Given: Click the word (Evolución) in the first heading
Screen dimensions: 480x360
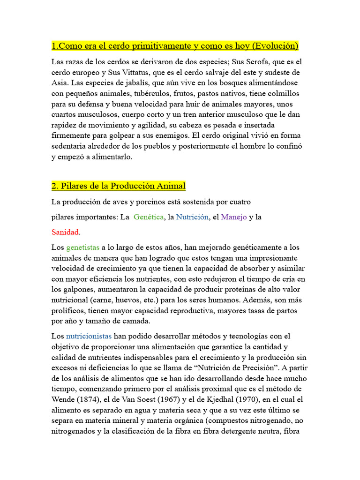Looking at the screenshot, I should tap(274, 46).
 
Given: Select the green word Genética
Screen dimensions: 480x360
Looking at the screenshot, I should tap(149, 217).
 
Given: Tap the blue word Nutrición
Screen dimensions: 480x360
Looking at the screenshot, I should tap(192, 217).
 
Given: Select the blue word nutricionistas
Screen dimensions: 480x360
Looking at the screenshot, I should tap(89, 336).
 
